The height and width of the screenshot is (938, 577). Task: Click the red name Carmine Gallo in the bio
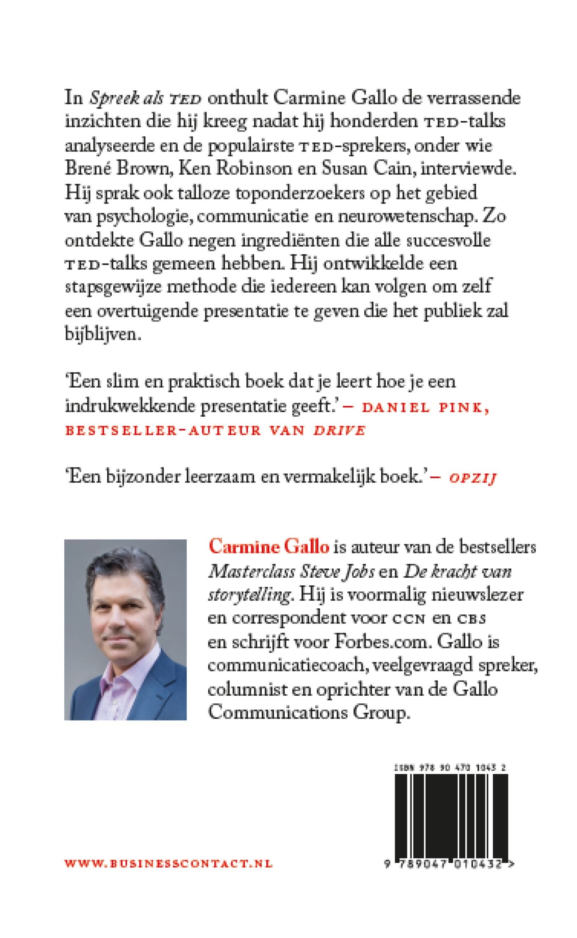point(269,547)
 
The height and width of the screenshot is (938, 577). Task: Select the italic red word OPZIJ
point(473,478)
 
